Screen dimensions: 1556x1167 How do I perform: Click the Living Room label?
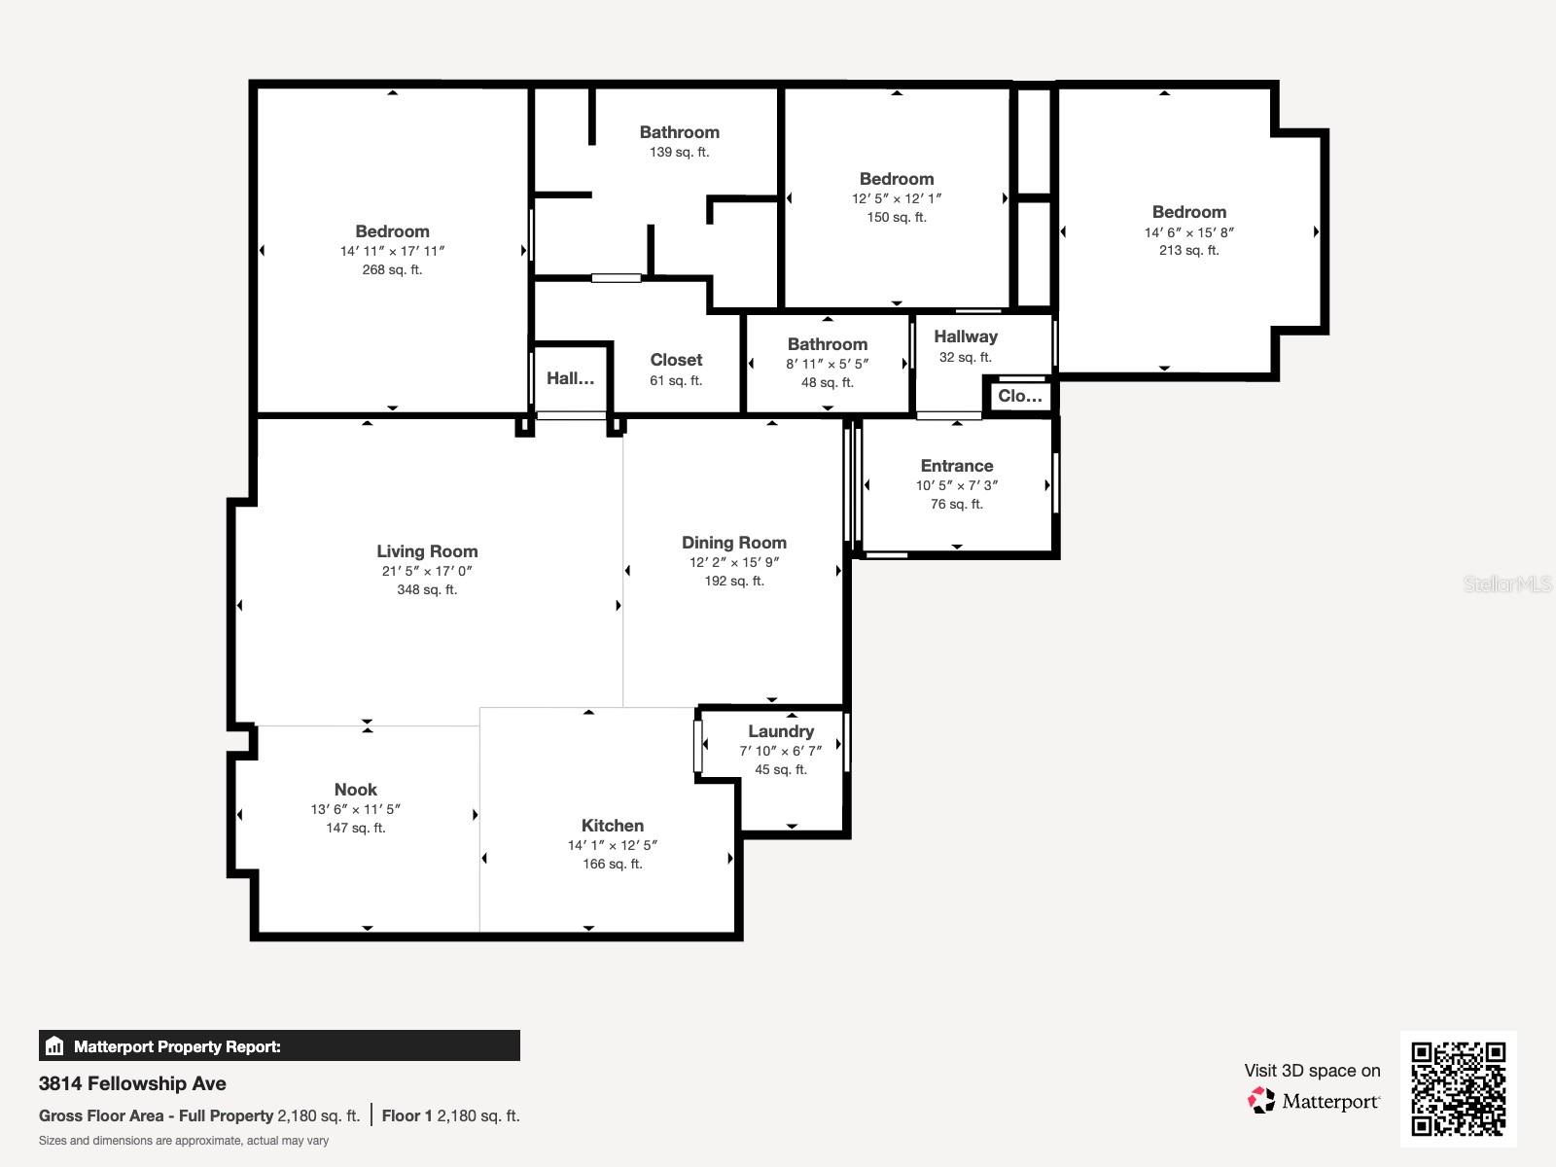point(427,551)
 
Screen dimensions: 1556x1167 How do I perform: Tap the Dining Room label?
point(733,543)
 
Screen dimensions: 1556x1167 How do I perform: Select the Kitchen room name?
point(613,826)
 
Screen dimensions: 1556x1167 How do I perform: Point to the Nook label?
point(355,790)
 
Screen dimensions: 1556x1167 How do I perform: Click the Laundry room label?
point(781,731)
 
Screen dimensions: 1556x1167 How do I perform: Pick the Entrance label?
point(956,466)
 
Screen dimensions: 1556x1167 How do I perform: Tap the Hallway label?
point(965,336)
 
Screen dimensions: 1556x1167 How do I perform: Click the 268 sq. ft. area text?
point(392,270)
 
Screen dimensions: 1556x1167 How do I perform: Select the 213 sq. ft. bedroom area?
point(1188,250)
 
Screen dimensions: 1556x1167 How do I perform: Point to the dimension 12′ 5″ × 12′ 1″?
point(896,199)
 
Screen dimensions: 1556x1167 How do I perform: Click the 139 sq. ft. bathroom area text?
point(679,153)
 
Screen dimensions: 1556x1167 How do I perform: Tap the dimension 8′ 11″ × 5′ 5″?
point(827,364)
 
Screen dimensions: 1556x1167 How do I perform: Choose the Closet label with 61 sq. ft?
point(676,360)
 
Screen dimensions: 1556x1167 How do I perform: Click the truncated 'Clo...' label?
point(1019,396)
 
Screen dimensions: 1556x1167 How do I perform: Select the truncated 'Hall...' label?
point(570,378)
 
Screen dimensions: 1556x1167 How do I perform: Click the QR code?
point(1458,1089)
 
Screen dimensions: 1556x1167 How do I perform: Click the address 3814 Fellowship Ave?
point(132,1083)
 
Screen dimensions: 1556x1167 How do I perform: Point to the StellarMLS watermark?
point(1507,583)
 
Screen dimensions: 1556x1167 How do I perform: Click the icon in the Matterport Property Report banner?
point(54,1045)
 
